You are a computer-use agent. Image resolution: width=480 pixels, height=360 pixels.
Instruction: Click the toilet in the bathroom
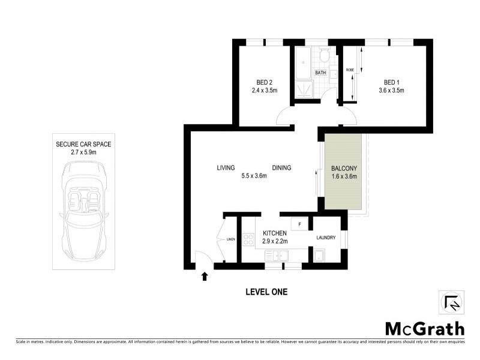click(x=324, y=56)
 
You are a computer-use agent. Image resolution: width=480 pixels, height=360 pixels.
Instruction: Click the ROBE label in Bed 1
click(x=350, y=70)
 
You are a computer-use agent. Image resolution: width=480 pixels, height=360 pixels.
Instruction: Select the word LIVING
click(x=226, y=168)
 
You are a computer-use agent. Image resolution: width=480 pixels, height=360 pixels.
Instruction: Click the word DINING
click(x=281, y=168)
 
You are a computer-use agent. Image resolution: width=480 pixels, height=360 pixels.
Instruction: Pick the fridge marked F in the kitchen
click(x=300, y=223)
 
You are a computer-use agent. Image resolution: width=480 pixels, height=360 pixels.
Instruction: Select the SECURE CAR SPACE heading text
click(x=84, y=145)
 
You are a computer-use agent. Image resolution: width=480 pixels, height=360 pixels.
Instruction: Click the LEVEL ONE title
click(x=266, y=292)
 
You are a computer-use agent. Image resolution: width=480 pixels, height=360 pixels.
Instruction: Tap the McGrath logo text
click(x=424, y=329)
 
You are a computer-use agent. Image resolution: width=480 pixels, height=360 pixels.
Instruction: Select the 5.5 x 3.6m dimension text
click(x=253, y=176)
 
